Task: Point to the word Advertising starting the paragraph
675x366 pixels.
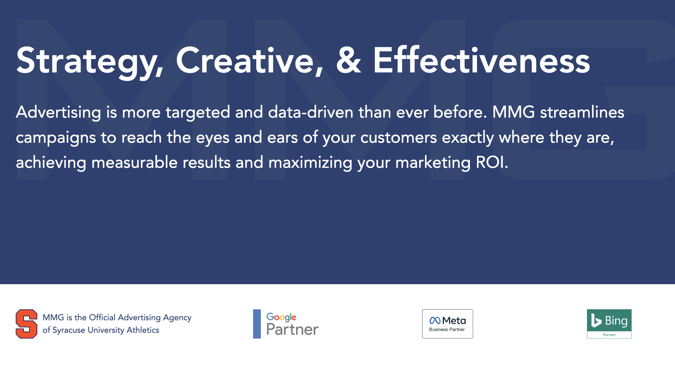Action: tap(58, 112)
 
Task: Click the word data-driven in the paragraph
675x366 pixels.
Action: tap(311, 112)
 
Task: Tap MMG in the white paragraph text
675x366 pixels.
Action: tap(513, 112)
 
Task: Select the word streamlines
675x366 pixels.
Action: tap(582, 112)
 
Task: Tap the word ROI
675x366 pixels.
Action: tap(492, 162)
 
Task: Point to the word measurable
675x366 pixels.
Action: tap(134, 162)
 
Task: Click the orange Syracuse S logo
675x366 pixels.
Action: tap(26, 324)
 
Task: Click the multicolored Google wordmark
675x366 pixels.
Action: tap(281, 317)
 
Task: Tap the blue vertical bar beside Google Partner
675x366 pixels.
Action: tap(257, 324)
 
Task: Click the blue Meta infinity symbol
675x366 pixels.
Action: tap(435, 321)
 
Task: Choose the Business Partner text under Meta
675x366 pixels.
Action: tap(447, 330)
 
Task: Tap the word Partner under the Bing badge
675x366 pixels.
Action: tap(609, 335)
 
